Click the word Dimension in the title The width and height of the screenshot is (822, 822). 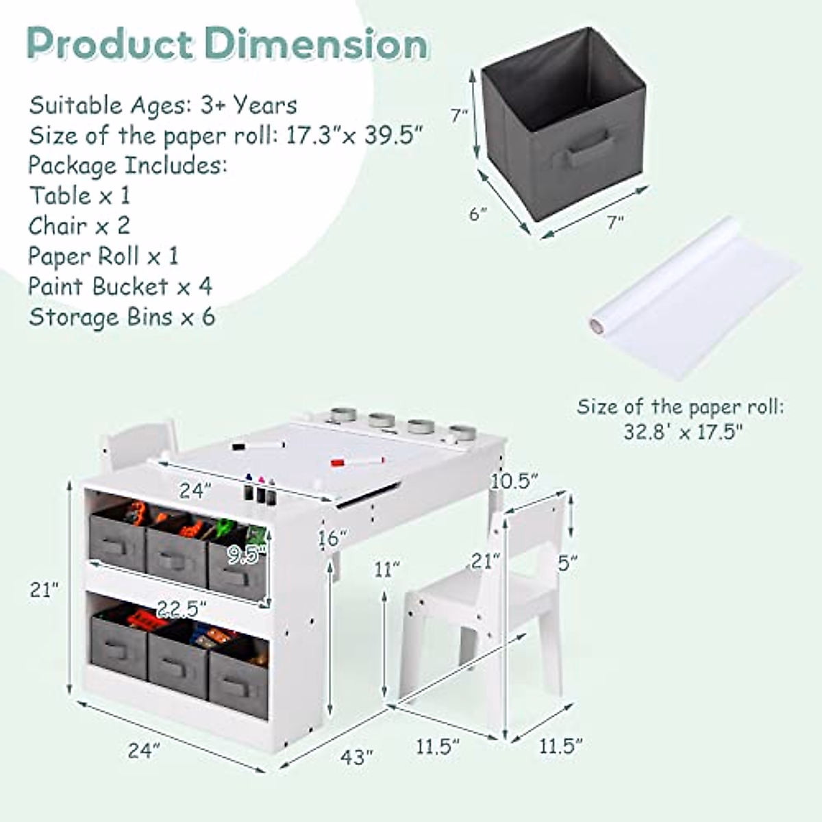coord(318,45)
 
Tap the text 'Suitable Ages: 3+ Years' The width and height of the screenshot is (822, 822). coord(163,105)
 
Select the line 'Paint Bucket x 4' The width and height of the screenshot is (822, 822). coord(120,286)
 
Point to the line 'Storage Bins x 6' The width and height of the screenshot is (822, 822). coord(122,317)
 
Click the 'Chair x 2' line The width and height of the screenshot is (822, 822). coord(79,225)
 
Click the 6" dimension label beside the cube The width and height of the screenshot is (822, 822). coord(477,214)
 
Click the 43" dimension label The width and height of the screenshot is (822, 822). coord(357,757)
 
